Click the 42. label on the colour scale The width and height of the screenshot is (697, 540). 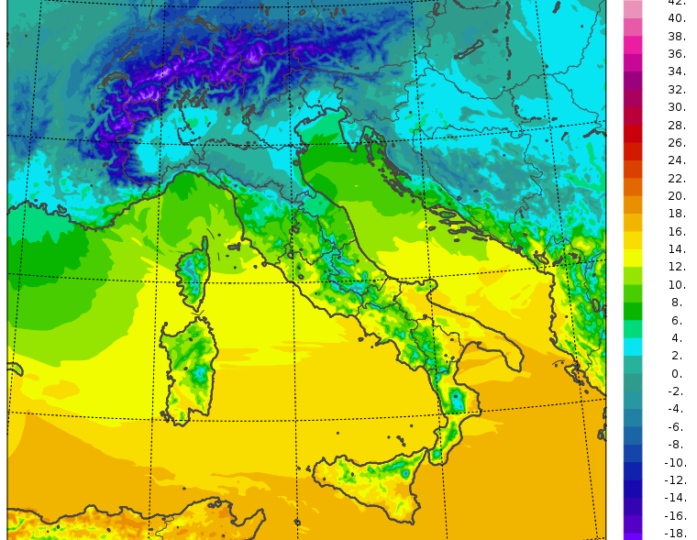pyautogui.click(x=677, y=3)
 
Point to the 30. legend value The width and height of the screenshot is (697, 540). pyautogui.click(x=677, y=107)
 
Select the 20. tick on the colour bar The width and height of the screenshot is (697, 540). pyautogui.click(x=677, y=196)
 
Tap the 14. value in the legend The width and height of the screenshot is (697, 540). pyautogui.click(x=677, y=249)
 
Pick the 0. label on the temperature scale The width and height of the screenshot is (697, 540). pyautogui.click(x=677, y=373)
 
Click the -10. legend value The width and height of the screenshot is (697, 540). pyautogui.click(x=675, y=462)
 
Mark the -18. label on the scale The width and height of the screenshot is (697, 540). pyautogui.click(x=675, y=533)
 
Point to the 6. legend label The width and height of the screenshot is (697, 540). pyautogui.click(x=677, y=320)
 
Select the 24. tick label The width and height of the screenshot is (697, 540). pyautogui.click(x=677, y=160)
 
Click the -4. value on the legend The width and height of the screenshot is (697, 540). pyautogui.click(x=675, y=409)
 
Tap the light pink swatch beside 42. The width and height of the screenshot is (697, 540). pyautogui.click(x=633, y=7)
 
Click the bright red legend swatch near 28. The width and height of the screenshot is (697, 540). pyautogui.click(x=633, y=133)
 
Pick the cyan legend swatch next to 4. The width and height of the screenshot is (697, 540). pyautogui.click(x=633, y=347)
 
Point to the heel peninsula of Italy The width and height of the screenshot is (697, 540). pyautogui.click(x=500, y=353)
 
